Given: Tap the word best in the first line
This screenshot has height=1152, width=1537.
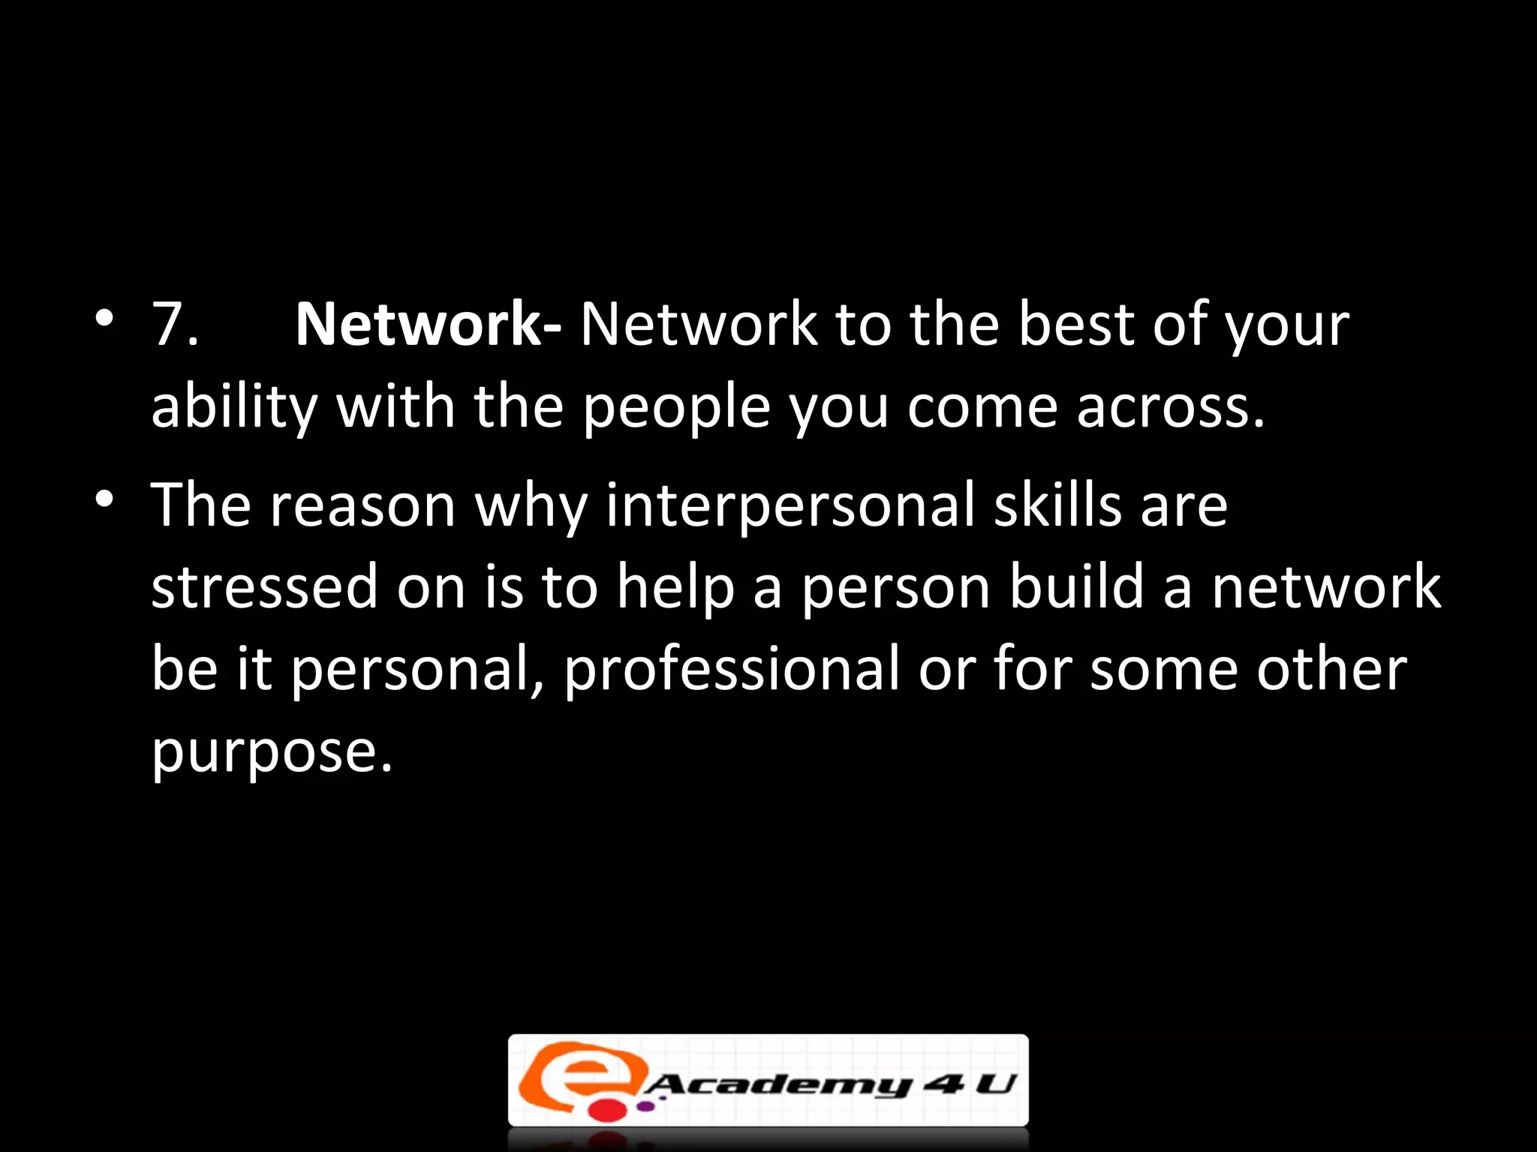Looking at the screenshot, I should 1075,324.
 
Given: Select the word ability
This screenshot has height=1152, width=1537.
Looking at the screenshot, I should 233,407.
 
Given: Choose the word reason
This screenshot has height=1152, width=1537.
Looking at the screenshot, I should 363,505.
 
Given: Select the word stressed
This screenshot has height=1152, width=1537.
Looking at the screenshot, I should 264,586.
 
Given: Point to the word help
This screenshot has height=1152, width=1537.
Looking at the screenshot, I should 675,586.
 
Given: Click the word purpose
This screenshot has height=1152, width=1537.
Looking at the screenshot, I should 272,751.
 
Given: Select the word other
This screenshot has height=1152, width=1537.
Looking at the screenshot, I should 1331,669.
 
